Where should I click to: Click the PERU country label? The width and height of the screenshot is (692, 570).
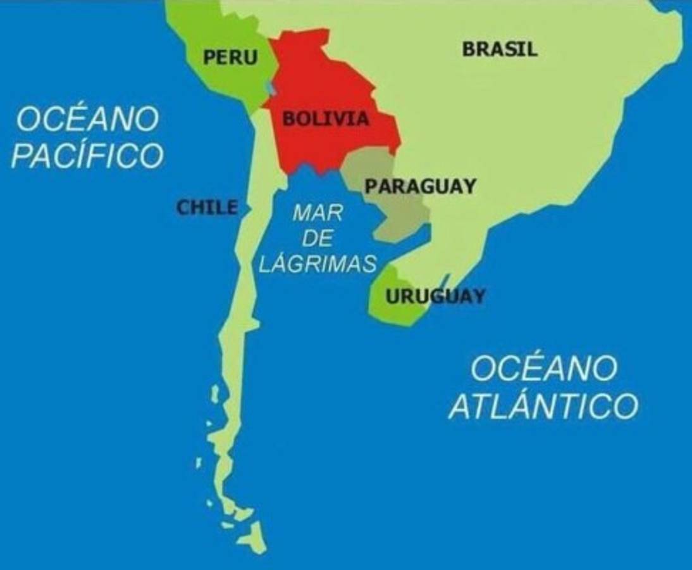tap(230, 58)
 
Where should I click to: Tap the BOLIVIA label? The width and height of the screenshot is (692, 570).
tap(325, 118)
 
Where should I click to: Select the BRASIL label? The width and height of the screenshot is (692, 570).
tap(500, 49)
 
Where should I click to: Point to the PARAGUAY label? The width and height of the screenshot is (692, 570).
tap(421, 186)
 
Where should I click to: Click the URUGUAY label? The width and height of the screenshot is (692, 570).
tap(436, 296)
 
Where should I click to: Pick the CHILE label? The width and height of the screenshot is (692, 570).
tap(207, 207)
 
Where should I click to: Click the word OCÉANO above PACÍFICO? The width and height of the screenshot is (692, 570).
tap(87, 119)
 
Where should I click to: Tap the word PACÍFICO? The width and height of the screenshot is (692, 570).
tap(87, 156)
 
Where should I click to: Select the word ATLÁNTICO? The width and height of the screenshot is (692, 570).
tap(543, 406)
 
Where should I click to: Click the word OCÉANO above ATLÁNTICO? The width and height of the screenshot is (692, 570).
tap(543, 369)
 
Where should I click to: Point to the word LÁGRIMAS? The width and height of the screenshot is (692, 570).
tap(318, 263)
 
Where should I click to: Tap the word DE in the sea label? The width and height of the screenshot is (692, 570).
tap(318, 238)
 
